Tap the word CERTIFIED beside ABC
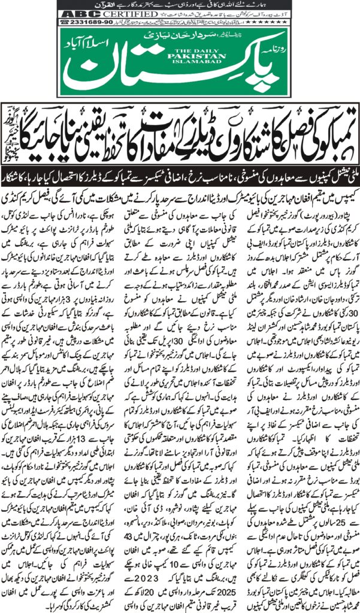point(114,14)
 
